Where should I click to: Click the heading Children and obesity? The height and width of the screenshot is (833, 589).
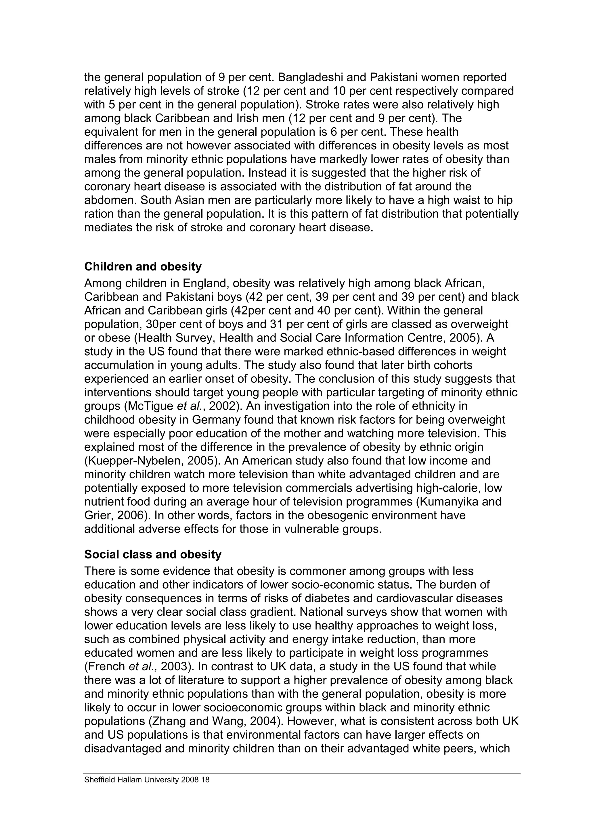[143, 267]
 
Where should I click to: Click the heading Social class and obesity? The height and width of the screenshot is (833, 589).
[152, 554]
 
